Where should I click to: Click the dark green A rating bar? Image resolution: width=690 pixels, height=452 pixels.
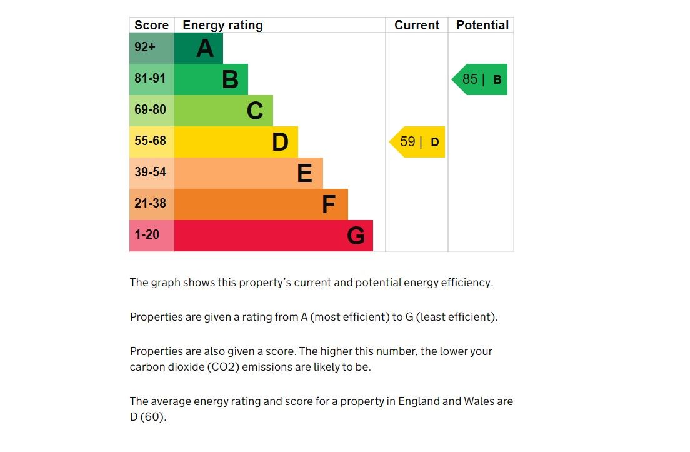(x=198, y=48)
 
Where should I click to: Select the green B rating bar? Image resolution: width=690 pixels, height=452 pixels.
(x=211, y=79)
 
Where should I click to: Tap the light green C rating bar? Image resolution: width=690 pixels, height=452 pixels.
(x=223, y=111)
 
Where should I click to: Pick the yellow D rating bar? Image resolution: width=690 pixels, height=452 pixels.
(x=236, y=142)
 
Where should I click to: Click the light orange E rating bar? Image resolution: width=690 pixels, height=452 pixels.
(x=248, y=173)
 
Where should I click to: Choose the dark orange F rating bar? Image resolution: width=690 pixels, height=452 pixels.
(x=261, y=204)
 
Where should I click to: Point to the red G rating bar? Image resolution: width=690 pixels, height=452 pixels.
(x=273, y=236)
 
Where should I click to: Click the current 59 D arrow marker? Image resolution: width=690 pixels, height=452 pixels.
(x=418, y=142)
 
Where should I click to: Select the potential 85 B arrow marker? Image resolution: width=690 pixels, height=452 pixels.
(x=480, y=79)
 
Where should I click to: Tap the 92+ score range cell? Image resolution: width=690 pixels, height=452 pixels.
(x=151, y=48)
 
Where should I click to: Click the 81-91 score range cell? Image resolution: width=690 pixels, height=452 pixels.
(x=151, y=79)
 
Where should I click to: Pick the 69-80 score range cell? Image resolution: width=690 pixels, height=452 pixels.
(x=151, y=111)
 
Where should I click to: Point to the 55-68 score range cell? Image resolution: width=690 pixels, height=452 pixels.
(x=151, y=142)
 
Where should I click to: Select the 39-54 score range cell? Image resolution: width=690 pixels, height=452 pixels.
(x=151, y=173)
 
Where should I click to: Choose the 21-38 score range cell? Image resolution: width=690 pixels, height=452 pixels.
(x=151, y=204)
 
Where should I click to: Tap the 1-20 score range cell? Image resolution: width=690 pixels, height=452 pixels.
(x=151, y=236)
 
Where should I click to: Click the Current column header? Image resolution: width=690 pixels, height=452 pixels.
(x=417, y=25)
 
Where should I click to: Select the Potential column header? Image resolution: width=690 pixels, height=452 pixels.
(x=482, y=25)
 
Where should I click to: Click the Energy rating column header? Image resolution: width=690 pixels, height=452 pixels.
(x=222, y=25)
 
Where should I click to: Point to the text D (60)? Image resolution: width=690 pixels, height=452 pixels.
(x=148, y=417)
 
